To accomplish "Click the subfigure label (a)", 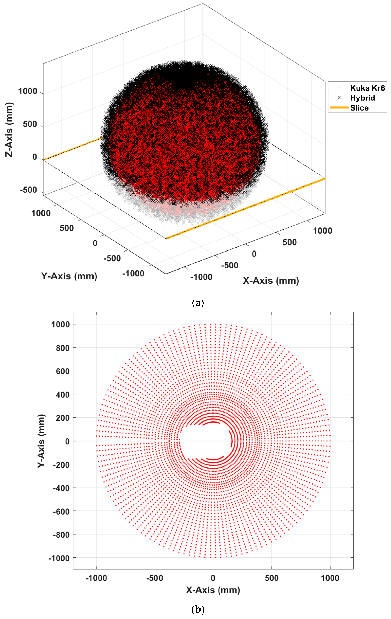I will [198, 303].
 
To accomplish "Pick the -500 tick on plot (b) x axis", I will [155, 578].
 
